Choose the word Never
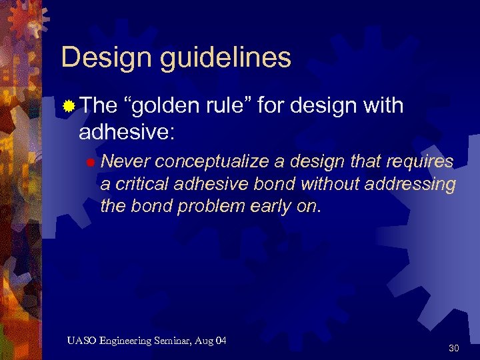125,162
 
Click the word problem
218,207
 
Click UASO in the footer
81,341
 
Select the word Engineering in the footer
125,342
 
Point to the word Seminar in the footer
174,341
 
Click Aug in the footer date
205,342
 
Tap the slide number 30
454,348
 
